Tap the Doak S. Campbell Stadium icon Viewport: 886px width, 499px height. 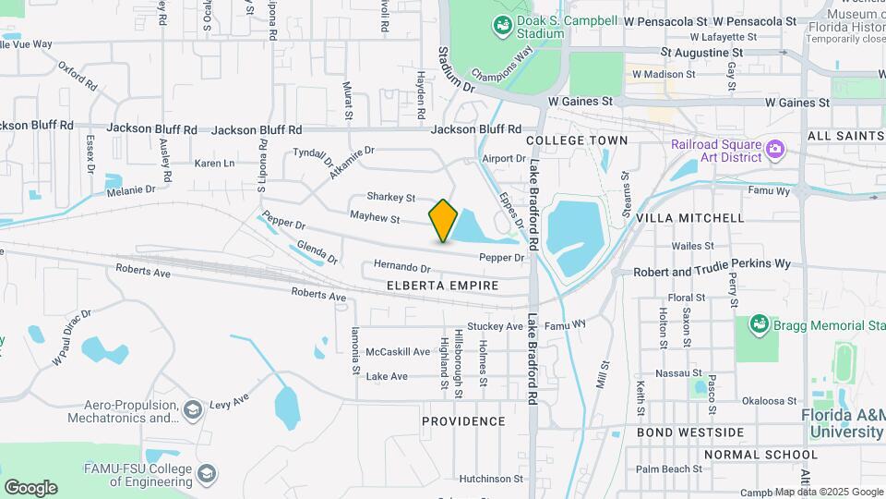click(x=503, y=27)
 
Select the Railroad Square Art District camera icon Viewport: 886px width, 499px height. click(x=775, y=148)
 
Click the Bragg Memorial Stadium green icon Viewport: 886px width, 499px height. click(x=759, y=324)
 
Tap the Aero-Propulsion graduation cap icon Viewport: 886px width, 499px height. click(x=193, y=408)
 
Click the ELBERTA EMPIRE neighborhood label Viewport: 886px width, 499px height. click(x=443, y=286)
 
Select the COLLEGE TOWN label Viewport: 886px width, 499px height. click(x=577, y=140)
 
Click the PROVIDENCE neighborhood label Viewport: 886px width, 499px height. click(x=463, y=421)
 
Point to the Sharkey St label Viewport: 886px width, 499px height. click(x=391, y=197)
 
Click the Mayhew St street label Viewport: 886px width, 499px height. click(x=375, y=219)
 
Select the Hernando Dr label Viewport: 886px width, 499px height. click(x=402, y=265)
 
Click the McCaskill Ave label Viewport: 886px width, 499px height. click(x=398, y=352)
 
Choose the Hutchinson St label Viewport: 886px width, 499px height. click(x=491, y=479)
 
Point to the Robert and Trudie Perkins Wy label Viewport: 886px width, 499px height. click(x=713, y=263)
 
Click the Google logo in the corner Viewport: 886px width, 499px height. click(x=30, y=487)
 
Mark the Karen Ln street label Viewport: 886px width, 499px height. click(x=214, y=164)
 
